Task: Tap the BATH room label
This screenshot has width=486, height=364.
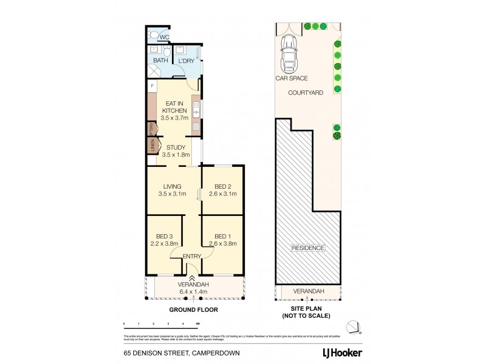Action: [x=160, y=61]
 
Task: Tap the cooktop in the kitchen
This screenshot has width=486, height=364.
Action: [x=196, y=127]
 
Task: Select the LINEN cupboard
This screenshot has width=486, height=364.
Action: [x=150, y=146]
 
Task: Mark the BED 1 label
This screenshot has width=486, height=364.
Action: [x=222, y=236]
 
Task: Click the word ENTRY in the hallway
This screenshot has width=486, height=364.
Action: [x=191, y=257]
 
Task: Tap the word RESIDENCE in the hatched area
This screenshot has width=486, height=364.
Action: [x=309, y=248]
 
